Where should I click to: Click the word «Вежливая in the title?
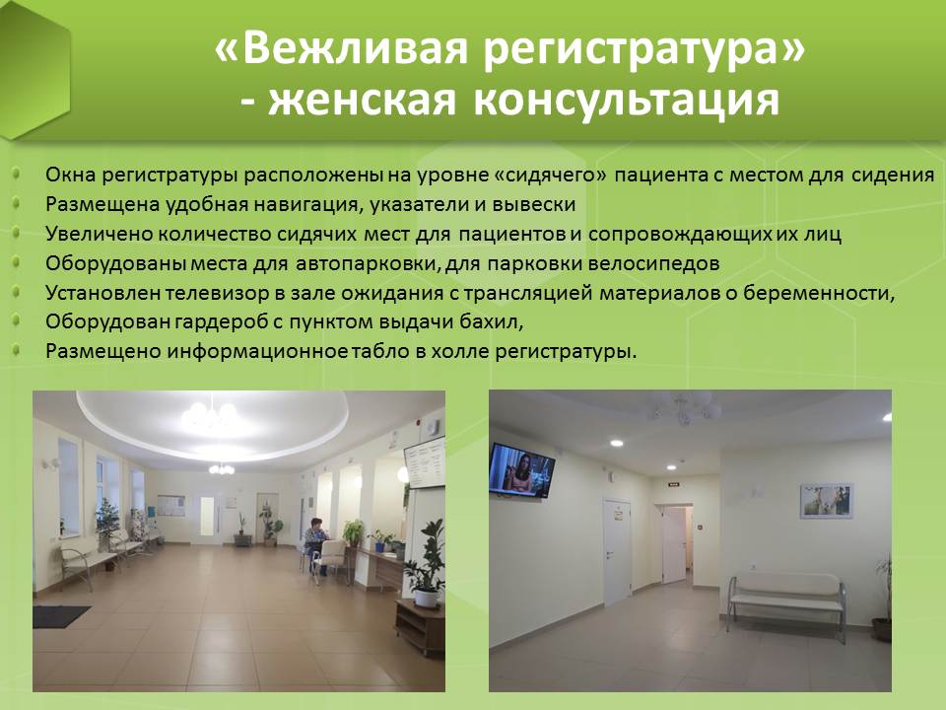tap(341, 47)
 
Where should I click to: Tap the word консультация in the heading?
tap(627, 99)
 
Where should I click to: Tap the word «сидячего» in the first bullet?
tap(550, 176)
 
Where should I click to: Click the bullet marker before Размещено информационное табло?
tap(17, 350)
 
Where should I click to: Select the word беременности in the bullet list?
tap(818, 293)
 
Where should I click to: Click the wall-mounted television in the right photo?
tap(521, 469)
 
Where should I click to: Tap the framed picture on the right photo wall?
tap(826, 501)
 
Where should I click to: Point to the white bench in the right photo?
tap(786, 600)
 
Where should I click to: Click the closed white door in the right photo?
tap(617, 551)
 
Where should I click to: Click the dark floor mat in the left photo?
tap(60, 615)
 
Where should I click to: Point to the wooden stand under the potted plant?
tap(420, 627)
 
